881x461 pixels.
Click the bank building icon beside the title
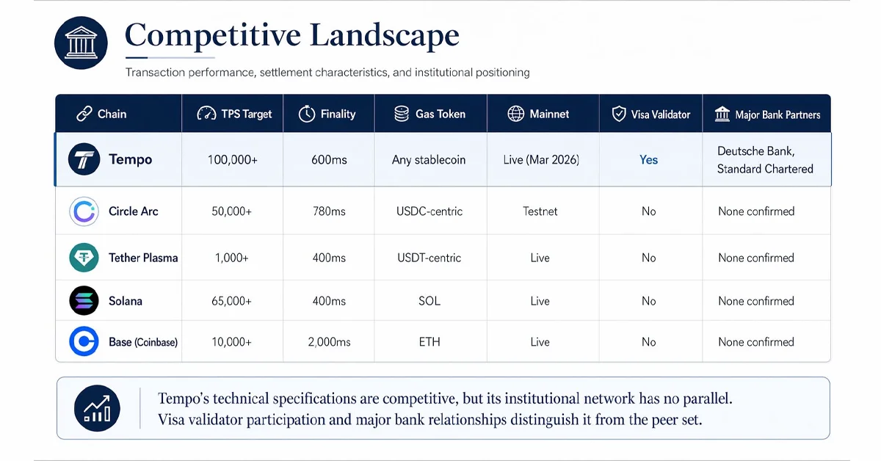[81, 43]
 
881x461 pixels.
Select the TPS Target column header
[235, 114]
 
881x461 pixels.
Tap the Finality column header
[327, 114]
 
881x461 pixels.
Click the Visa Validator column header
[651, 114]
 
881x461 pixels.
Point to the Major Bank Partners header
[767, 114]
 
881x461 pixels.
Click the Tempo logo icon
[84, 159]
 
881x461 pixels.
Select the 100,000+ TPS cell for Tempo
[233, 159]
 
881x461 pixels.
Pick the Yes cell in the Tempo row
[649, 159]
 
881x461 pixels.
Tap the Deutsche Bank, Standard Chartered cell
[765, 159]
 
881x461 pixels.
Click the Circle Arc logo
[84, 211]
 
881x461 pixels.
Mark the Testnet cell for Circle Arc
[540, 211]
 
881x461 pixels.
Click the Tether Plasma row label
[143, 258]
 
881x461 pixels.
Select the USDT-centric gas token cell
[429, 258]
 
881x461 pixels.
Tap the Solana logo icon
[84, 301]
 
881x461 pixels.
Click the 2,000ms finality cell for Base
[328, 342]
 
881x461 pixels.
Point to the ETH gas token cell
[429, 342]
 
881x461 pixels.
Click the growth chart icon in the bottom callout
[98, 407]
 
